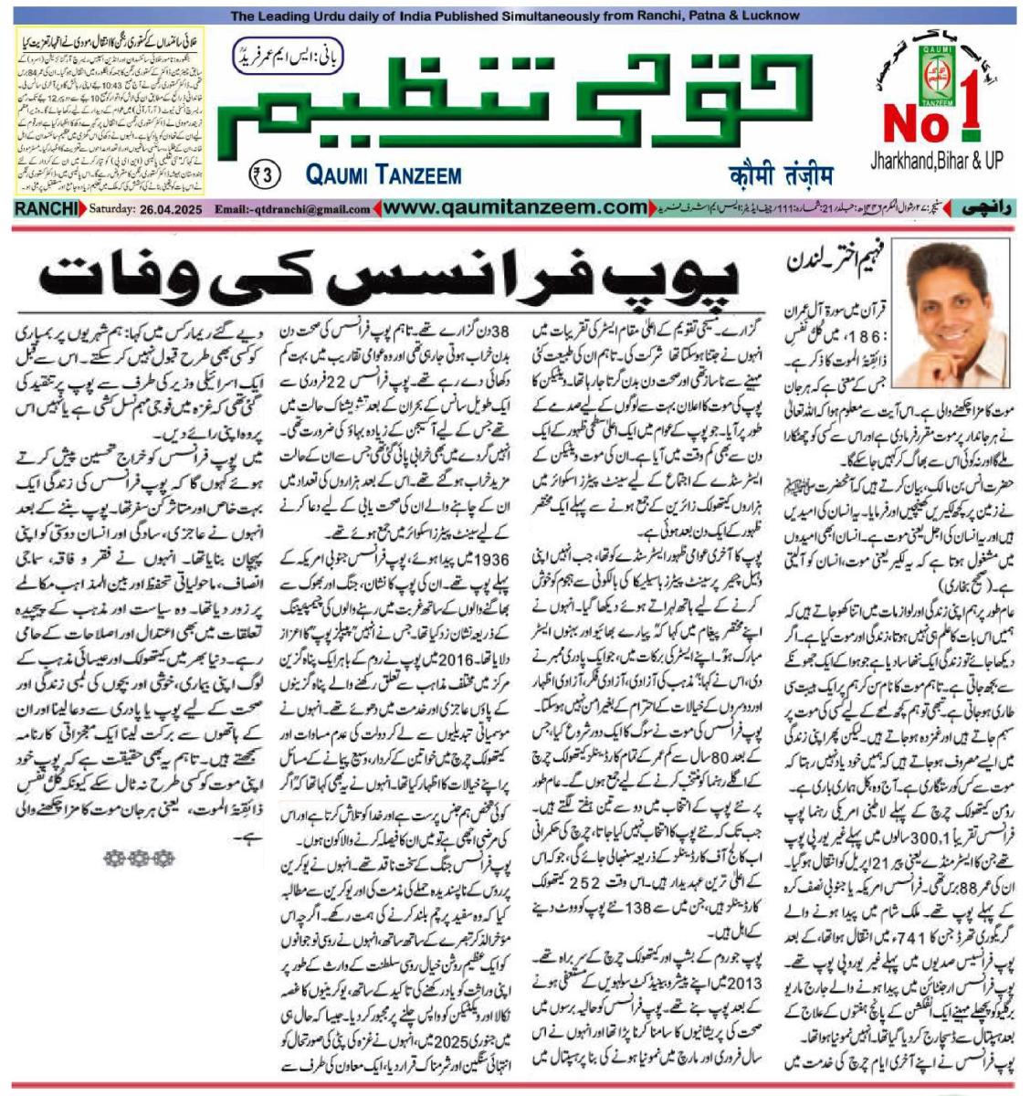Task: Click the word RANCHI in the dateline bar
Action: pyautogui.click(x=47, y=208)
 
